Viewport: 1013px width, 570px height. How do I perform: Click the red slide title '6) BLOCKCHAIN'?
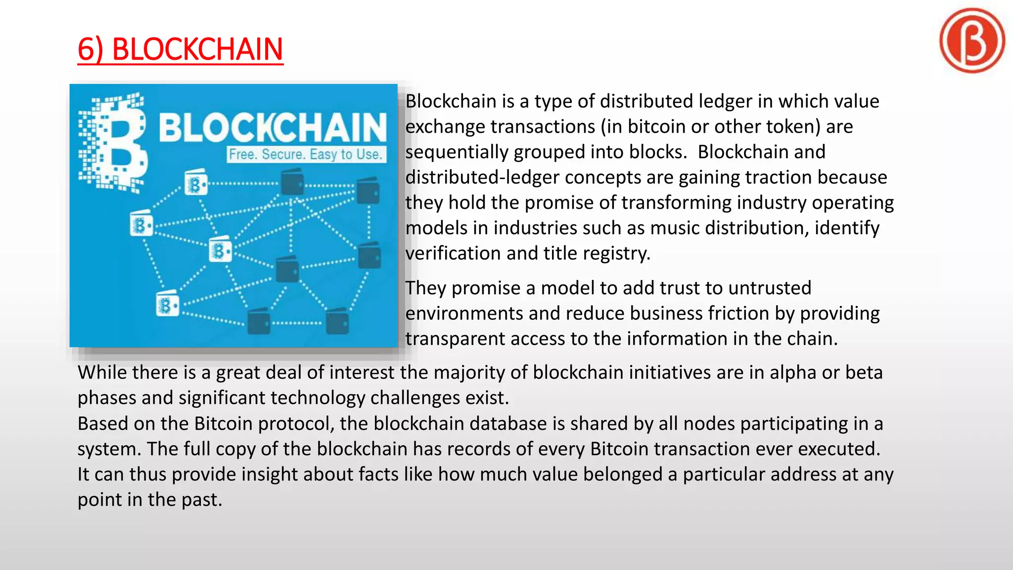click(181, 49)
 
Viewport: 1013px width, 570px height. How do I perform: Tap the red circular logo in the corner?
click(972, 41)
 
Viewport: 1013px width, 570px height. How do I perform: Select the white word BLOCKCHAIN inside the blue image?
click(273, 128)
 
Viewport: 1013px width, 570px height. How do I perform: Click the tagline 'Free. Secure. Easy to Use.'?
click(306, 154)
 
